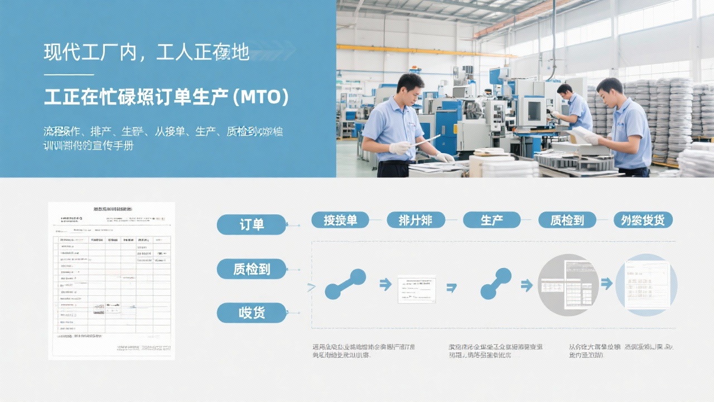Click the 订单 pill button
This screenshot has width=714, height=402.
click(x=252, y=224)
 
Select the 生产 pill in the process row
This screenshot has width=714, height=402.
click(x=491, y=220)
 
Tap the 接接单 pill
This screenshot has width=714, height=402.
click(x=340, y=220)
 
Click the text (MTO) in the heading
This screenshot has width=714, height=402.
click(x=260, y=97)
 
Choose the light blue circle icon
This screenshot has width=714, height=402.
click(x=646, y=285)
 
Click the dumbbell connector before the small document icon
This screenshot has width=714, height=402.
click(x=345, y=284)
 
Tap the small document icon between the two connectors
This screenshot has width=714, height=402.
click(x=417, y=289)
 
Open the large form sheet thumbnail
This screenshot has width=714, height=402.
click(x=112, y=280)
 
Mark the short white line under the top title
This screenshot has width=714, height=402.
click(x=69, y=74)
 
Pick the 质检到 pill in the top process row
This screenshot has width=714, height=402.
click(x=567, y=220)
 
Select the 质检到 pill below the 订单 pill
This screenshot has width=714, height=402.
click(x=252, y=269)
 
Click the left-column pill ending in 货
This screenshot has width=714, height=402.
click(x=252, y=313)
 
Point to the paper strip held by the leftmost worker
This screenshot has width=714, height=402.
click(x=426, y=140)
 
